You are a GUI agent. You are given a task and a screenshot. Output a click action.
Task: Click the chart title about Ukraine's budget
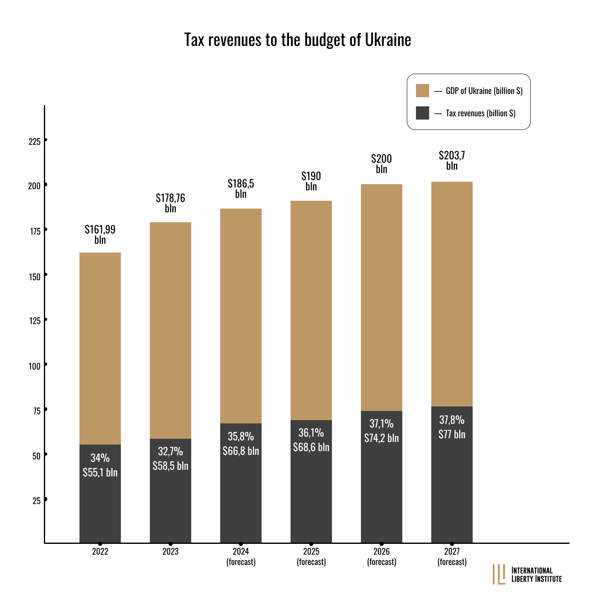[298, 40]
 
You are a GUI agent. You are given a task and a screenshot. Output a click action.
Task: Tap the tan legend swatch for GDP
[422, 91]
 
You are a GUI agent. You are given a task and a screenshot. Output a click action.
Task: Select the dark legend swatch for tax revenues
[422, 113]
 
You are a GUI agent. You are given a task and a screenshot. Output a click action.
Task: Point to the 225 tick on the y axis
[46, 140]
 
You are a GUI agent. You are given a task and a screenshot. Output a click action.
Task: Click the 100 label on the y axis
[34, 367]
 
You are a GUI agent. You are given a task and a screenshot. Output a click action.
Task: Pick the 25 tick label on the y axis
[36, 501]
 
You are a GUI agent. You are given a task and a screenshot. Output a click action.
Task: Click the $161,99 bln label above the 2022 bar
[100, 235]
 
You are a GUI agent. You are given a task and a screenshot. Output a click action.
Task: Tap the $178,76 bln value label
[171, 203]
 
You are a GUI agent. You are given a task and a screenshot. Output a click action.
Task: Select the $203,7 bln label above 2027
[452, 161]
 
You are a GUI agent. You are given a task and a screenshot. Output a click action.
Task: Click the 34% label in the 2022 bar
[100, 458]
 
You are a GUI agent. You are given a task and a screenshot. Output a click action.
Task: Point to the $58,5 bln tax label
[171, 466]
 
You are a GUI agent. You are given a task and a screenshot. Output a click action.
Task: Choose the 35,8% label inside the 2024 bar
[240, 437]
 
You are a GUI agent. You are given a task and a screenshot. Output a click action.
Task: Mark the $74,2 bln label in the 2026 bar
[381, 438]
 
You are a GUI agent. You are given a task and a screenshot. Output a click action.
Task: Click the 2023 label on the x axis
[171, 551]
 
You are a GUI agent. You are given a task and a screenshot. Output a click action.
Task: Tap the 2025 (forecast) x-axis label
[311, 557]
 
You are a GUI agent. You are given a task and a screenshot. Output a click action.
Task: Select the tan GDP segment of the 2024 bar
[240, 316]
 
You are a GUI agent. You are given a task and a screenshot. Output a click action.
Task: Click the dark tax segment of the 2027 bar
[452, 475]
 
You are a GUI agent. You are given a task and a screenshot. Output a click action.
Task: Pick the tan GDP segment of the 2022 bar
[100, 348]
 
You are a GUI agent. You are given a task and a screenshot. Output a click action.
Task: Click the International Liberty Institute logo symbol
[499, 574]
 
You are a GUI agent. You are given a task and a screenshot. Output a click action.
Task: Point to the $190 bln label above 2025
[311, 181]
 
